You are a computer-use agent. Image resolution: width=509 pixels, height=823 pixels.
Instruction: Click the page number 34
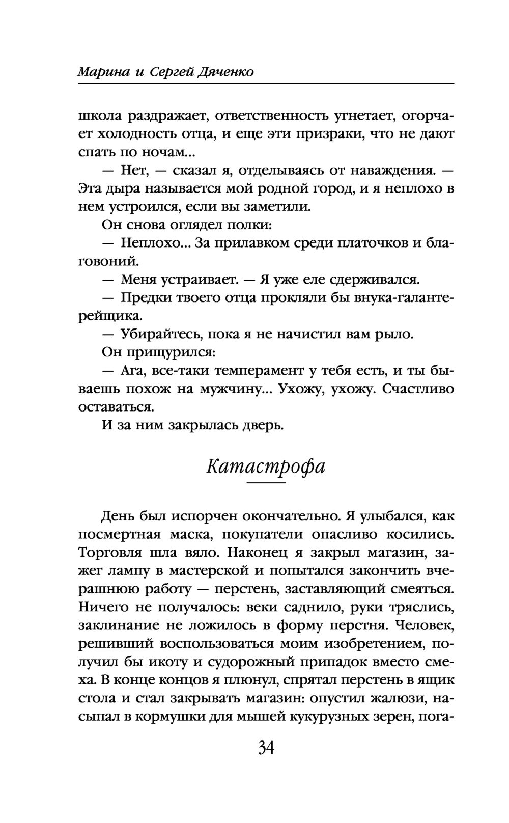tap(266, 748)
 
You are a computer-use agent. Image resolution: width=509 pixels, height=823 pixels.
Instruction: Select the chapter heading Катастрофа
tap(266, 466)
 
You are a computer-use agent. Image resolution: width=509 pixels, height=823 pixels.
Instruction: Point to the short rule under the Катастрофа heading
tap(266, 482)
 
